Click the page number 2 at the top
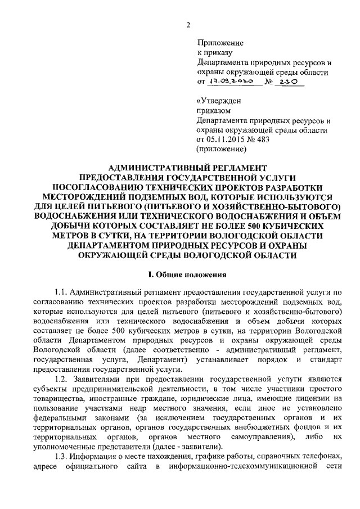(189, 24)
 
